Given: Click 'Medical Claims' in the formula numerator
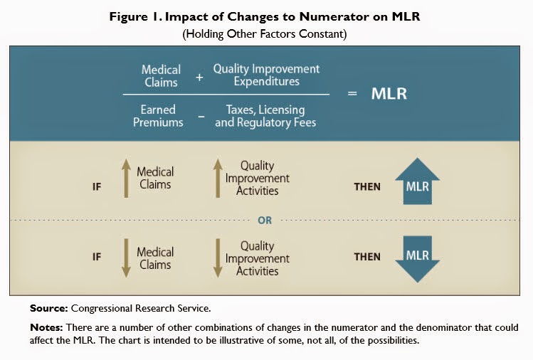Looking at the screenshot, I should coord(162,76).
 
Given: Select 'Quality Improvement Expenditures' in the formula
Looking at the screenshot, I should coord(266,76).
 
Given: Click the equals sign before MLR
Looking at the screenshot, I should coord(352,95).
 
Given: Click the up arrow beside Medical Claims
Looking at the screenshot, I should coord(124,178).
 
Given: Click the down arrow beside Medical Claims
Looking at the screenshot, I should coord(124,258).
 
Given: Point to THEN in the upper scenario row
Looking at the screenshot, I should coord(367,187).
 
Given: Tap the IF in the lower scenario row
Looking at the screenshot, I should coord(97,258).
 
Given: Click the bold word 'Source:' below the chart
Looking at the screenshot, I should coord(48,309).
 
